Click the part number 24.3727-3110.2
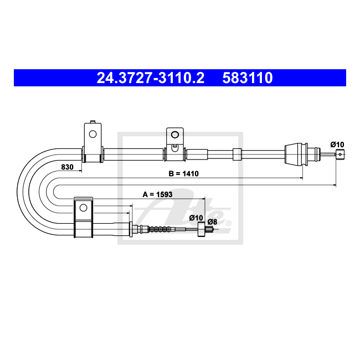tap(151, 78)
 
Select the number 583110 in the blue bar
tap(247, 78)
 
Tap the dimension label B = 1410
tap(183, 173)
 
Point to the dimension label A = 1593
tap(157, 194)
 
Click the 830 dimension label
tap(67, 167)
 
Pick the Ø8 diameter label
tap(212, 222)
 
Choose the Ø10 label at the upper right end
tap(337, 145)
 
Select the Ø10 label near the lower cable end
tap(196, 218)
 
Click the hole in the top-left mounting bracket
tap(92, 134)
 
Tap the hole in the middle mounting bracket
tap(175, 135)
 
